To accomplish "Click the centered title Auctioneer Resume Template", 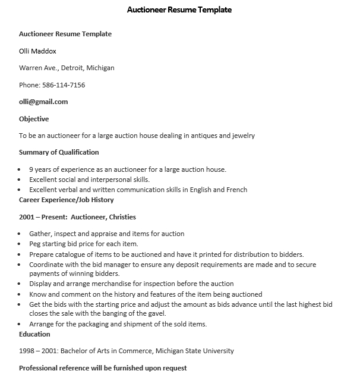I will (x=179, y=10).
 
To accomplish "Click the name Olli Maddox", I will (x=37, y=51).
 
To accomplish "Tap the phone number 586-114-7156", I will (x=63, y=85).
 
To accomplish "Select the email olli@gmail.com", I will (x=43, y=102).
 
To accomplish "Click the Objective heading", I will (x=34, y=119).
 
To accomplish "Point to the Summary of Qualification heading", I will (x=59, y=152).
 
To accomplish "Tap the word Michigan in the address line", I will (x=101, y=68).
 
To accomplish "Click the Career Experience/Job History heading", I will (x=66, y=200).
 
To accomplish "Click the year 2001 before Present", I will (x=27, y=217).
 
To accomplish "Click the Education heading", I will (x=34, y=334).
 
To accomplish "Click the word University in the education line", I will (x=217, y=351).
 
